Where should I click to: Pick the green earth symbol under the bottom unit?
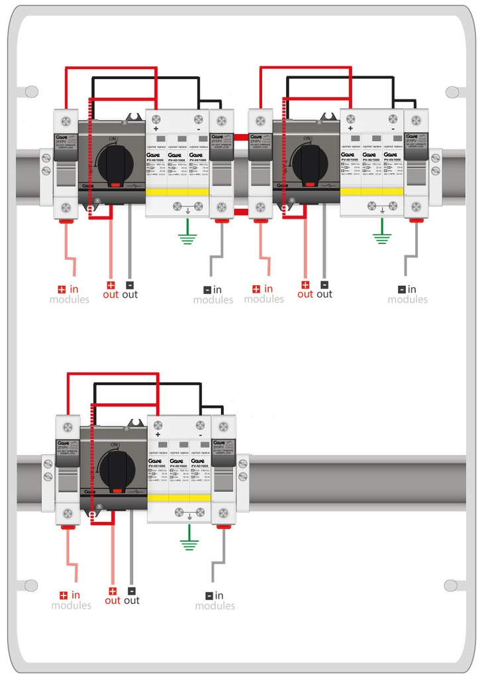(x=190, y=543)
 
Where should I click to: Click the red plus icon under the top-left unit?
(x=62, y=289)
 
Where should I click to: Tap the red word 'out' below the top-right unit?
(x=305, y=294)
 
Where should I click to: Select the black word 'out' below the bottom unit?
(x=132, y=601)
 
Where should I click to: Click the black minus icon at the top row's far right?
(x=402, y=289)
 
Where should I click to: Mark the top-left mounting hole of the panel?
(x=30, y=92)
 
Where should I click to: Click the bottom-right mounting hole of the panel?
(x=452, y=586)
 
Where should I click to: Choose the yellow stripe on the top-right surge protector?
(x=371, y=192)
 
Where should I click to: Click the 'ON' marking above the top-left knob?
(x=113, y=138)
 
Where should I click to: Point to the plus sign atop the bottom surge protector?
(x=158, y=434)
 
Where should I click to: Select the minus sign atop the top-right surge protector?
(x=393, y=128)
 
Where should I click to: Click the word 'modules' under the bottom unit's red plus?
(x=71, y=606)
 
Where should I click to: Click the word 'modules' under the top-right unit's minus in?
(x=408, y=300)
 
